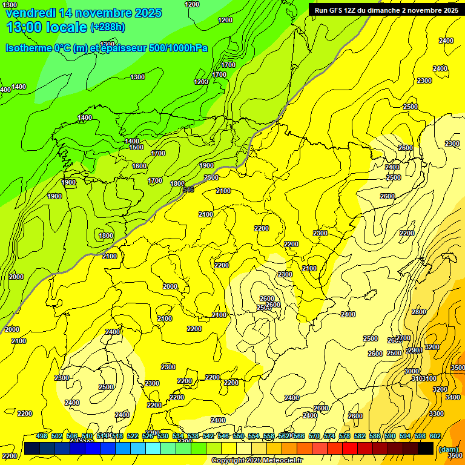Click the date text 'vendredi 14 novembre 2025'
point(84,13)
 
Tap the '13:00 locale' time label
point(47,27)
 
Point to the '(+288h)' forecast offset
point(107,27)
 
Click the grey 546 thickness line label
point(188,190)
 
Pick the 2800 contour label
point(418,312)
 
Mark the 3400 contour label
point(452,398)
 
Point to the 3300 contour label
point(436,414)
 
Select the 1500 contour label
point(136,147)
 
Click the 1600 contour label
point(139,166)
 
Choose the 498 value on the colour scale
point(42,436)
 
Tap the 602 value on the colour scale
point(435,436)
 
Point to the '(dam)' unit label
point(449,449)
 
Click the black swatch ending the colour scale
point(426,448)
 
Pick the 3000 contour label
point(411,371)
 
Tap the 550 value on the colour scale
point(239,436)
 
